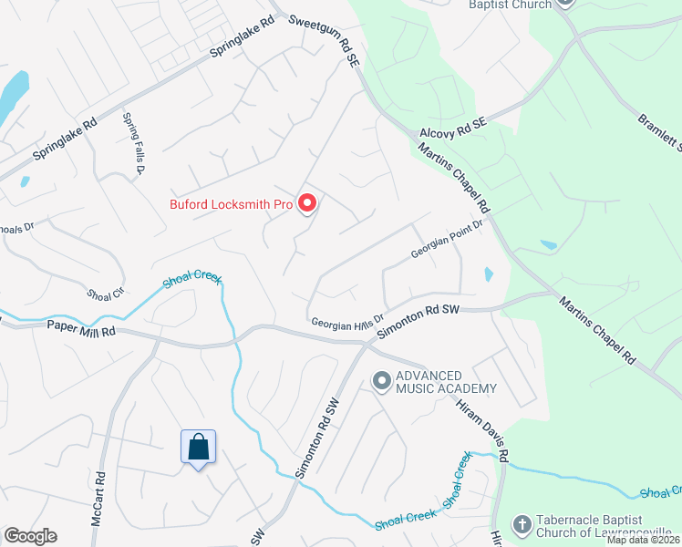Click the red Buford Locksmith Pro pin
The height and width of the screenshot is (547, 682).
[307, 204]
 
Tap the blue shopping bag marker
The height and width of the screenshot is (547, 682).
[198, 448]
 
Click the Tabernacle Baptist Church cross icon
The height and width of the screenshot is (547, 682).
[522, 524]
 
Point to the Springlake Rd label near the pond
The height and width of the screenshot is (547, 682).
[65, 140]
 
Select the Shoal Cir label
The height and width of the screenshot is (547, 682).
[104, 294]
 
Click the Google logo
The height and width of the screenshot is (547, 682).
[30, 536]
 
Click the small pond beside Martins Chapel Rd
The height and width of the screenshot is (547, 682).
[489, 274]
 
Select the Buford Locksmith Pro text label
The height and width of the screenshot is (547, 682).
[231, 204]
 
